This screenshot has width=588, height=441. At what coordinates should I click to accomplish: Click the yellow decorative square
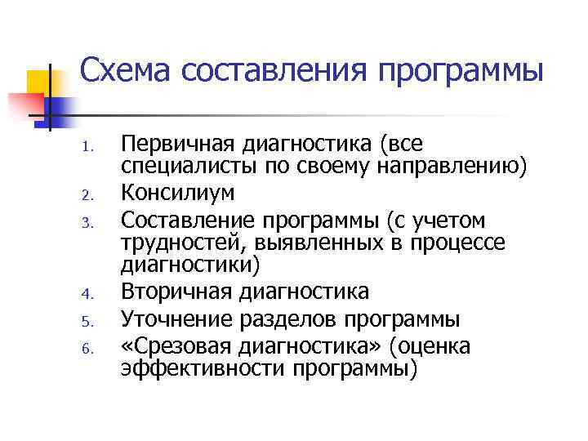click(x=41, y=82)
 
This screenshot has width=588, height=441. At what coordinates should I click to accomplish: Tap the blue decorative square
click(x=60, y=109)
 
